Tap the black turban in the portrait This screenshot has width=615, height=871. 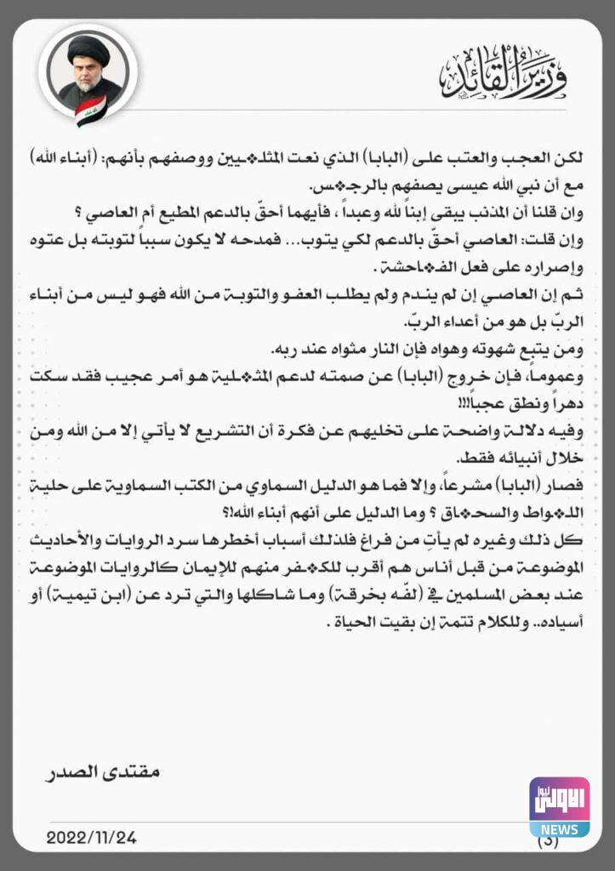[x=88, y=48]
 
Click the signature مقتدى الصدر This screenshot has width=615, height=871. [x=102, y=773]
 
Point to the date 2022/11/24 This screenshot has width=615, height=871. [x=91, y=837]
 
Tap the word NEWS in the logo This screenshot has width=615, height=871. [x=559, y=829]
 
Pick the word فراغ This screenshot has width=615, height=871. [x=389, y=541]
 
